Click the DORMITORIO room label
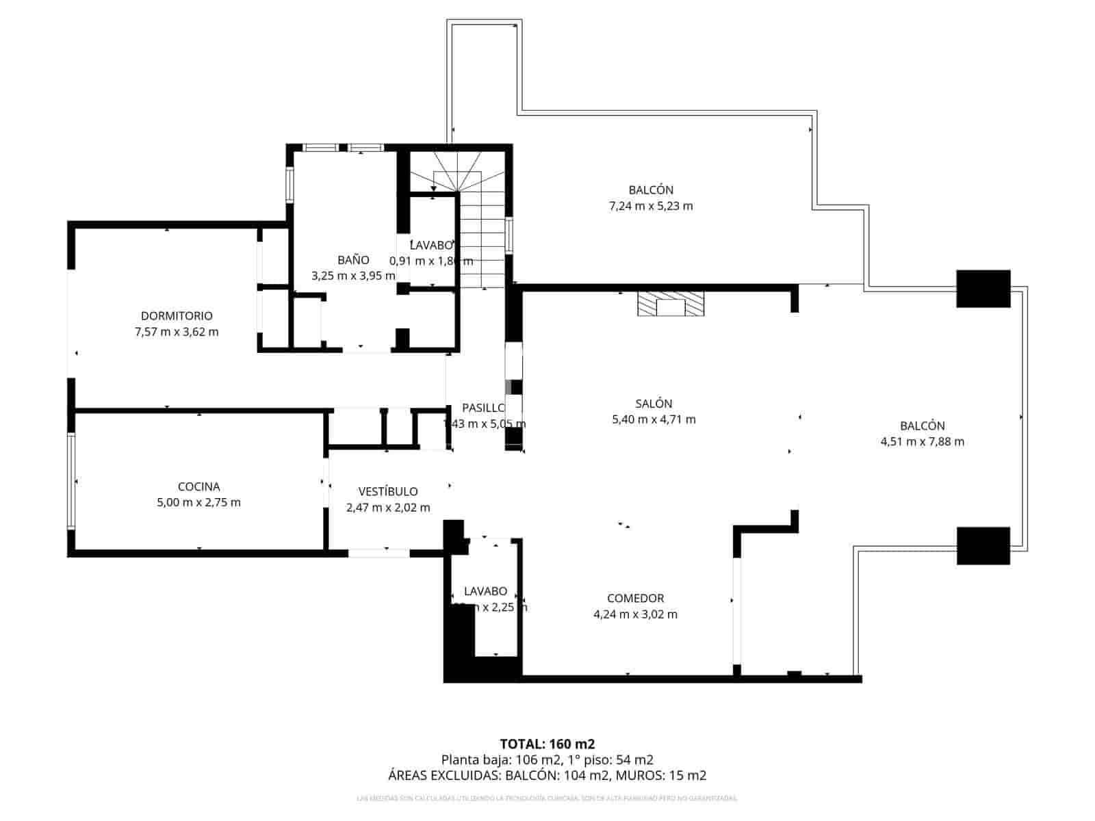(177, 316)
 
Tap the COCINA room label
(198, 486)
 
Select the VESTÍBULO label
(388, 491)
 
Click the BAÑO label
(353, 260)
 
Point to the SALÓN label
(654, 404)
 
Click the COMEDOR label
(635, 598)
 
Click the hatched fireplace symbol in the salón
(670, 304)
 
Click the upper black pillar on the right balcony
(983, 289)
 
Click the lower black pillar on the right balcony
(983, 545)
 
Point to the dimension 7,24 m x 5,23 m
(651, 206)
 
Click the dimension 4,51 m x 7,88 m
(922, 442)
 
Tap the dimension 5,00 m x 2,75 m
(198, 503)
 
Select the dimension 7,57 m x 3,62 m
(177, 333)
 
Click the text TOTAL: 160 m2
(547, 744)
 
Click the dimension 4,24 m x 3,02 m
(635, 614)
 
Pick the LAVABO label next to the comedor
(485, 591)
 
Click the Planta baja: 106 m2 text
(500, 759)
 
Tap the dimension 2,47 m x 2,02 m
(388, 508)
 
